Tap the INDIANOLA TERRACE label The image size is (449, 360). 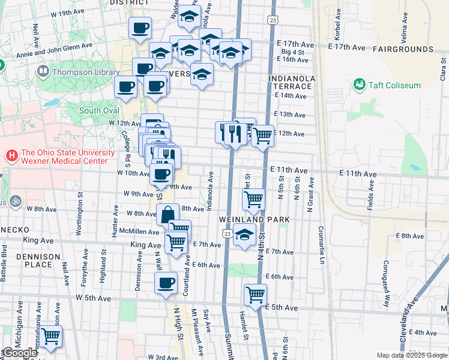point(291,82)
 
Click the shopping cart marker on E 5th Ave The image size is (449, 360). point(255,295)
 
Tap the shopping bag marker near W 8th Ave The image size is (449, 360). point(168,214)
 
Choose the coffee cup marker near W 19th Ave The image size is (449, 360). point(140,28)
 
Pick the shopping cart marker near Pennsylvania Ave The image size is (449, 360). point(50,336)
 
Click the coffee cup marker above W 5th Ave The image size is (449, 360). point(166,283)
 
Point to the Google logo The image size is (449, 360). point(20,353)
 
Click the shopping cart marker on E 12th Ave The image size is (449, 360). point(262,136)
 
